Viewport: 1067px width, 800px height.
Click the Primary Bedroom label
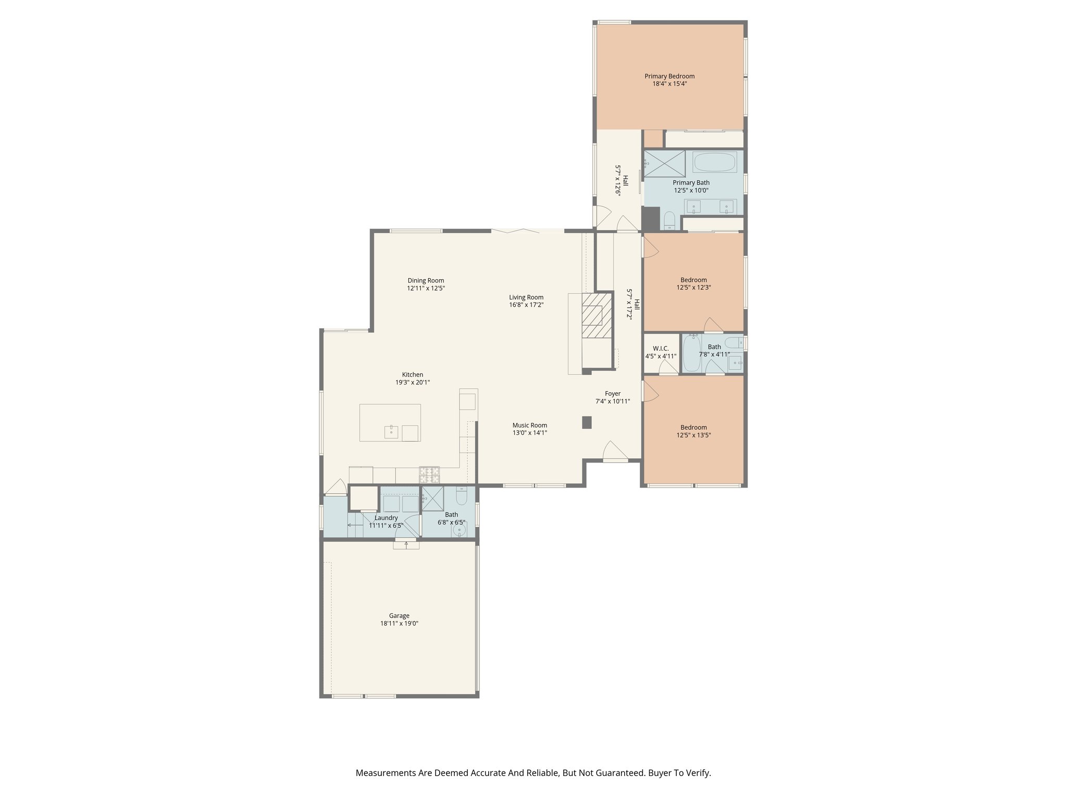(x=669, y=76)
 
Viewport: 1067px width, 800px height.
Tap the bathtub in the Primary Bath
(x=714, y=162)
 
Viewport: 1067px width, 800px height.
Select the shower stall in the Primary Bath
(x=664, y=164)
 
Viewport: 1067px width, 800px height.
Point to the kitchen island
(x=390, y=422)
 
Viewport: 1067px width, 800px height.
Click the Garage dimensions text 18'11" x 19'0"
(x=399, y=623)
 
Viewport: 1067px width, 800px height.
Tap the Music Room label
(x=529, y=425)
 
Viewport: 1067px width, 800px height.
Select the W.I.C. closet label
(x=661, y=348)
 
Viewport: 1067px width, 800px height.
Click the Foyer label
(x=613, y=394)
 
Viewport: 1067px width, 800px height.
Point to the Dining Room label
(x=426, y=280)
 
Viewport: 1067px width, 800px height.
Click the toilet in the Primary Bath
(x=669, y=221)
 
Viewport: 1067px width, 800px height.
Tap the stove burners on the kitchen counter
(x=429, y=474)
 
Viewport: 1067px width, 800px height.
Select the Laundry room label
(x=386, y=518)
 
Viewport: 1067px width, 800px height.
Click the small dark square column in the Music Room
(x=587, y=422)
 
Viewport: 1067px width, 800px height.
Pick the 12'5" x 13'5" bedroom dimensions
(x=693, y=435)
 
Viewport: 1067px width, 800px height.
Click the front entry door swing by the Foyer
(x=614, y=451)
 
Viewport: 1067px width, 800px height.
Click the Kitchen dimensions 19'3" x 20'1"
(x=412, y=382)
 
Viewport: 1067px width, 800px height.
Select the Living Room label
(x=526, y=297)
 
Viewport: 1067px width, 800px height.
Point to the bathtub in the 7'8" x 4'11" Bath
(x=691, y=353)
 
